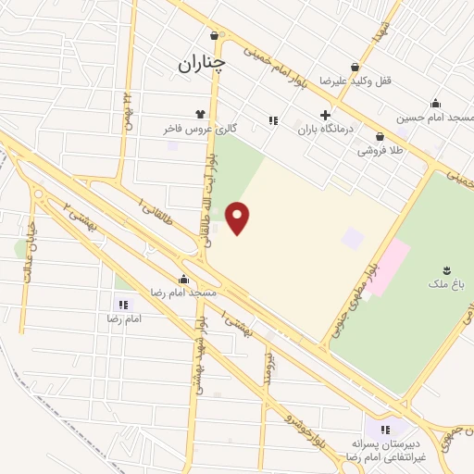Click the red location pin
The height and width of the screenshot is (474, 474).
tap(239, 217)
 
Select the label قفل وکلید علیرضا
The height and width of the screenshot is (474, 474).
tap(358, 81)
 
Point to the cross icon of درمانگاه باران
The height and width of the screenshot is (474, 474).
tap(324, 115)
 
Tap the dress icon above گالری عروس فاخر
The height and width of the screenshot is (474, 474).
tap(198, 114)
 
